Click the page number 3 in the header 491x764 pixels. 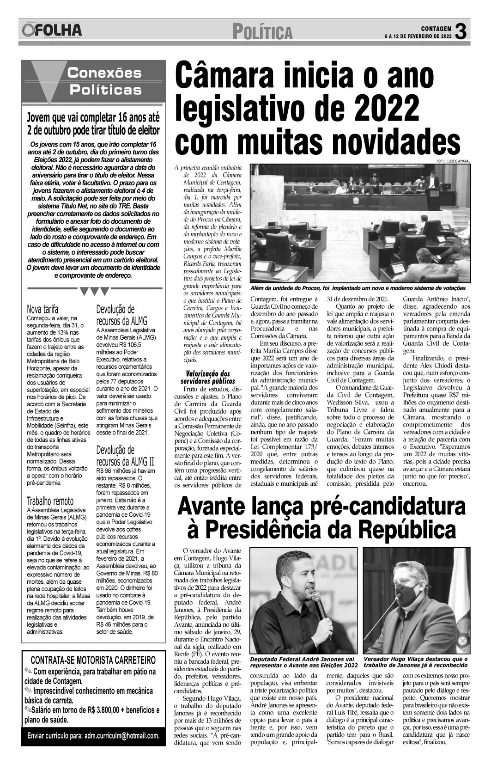point(460,31)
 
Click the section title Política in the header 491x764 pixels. point(263,33)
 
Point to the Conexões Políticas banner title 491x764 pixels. point(104,80)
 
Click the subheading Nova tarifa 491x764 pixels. point(43,309)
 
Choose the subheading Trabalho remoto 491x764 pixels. point(50,501)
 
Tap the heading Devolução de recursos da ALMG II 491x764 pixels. point(125,455)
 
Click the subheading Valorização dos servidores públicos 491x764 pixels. point(207,377)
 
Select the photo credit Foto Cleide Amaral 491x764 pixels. point(452,161)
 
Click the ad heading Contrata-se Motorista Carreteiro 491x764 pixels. point(93,660)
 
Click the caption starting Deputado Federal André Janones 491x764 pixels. point(303,662)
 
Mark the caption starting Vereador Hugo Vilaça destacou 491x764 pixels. point(415,662)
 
